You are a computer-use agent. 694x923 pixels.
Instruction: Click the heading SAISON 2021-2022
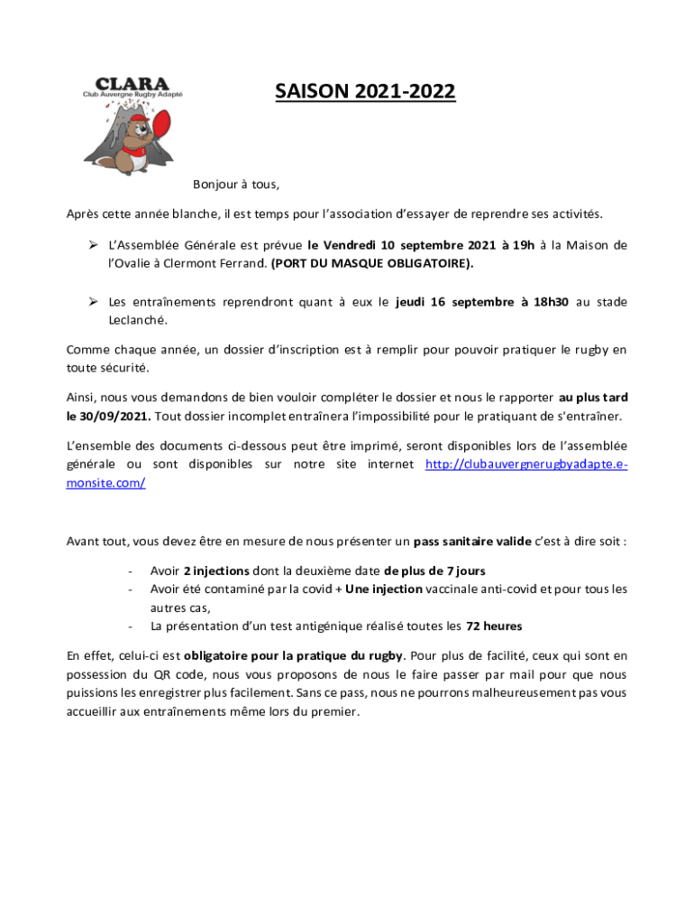point(365,92)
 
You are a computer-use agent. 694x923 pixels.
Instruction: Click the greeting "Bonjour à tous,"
point(236,185)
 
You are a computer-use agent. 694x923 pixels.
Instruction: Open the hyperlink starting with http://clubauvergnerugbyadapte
point(525,464)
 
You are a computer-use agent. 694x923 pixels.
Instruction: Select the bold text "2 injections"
point(215,571)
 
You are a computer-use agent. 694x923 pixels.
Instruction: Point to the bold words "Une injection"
point(384,589)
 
